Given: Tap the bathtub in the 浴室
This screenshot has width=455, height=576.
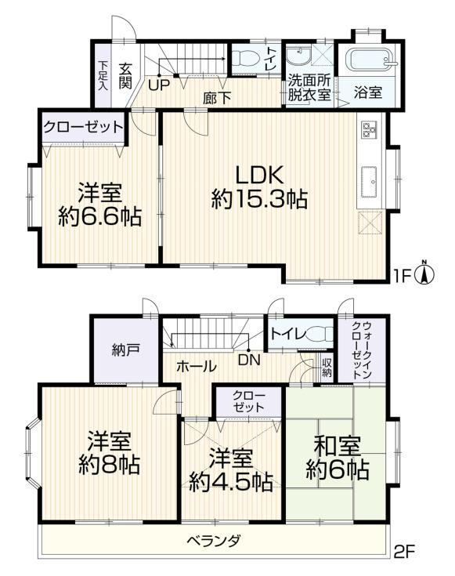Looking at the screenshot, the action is click(371, 59).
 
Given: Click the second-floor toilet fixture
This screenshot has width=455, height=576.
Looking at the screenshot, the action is click(320, 335).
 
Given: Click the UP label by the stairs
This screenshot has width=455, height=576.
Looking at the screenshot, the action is click(159, 85).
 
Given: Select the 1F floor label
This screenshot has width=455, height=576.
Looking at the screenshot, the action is click(402, 276).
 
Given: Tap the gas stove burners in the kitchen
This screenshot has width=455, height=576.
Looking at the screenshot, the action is click(368, 129).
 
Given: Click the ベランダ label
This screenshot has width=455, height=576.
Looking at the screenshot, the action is click(214, 541).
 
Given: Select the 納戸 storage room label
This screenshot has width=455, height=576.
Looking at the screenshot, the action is click(125, 350).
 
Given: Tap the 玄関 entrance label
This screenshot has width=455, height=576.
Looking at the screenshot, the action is click(125, 76).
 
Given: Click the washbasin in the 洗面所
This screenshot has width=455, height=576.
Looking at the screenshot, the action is click(298, 56).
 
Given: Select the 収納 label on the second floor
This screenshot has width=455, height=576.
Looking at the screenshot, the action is click(327, 368).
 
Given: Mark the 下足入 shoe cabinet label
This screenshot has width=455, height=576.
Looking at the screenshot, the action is click(103, 76).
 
